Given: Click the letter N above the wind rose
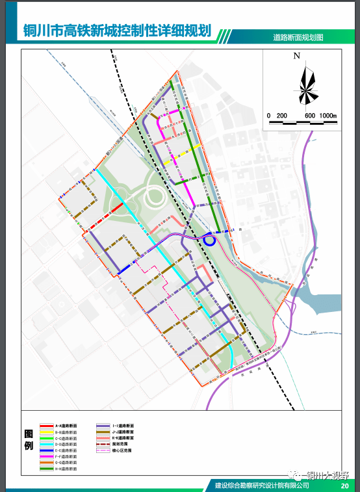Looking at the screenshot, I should coord(296,57).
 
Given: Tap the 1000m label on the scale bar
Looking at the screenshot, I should coord(328,115).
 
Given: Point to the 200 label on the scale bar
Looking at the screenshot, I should coord(281,115).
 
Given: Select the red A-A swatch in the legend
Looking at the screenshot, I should coord(45,425).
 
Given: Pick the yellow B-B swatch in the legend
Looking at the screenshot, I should coord(45,432).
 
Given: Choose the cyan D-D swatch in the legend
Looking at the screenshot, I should coord(45,444).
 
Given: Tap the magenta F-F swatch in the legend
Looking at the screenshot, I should coord(45,456).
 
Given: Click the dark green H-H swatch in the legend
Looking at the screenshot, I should coord(45,469).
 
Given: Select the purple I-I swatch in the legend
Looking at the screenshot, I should coord(103,425).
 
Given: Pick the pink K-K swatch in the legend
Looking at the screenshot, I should coord(103,437).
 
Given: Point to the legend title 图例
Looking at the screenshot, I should coord(29,440).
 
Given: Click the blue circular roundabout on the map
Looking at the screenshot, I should coord(209,240).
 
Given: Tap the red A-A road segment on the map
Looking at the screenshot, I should coord(113,209).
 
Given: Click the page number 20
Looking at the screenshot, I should coord(344,486).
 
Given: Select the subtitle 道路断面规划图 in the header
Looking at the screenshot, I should coord(298,38).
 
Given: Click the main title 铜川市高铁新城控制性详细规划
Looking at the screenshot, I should coord(118,31).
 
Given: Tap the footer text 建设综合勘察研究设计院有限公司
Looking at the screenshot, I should coord(261,486).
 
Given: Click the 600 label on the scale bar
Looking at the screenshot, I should coord(309,115).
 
